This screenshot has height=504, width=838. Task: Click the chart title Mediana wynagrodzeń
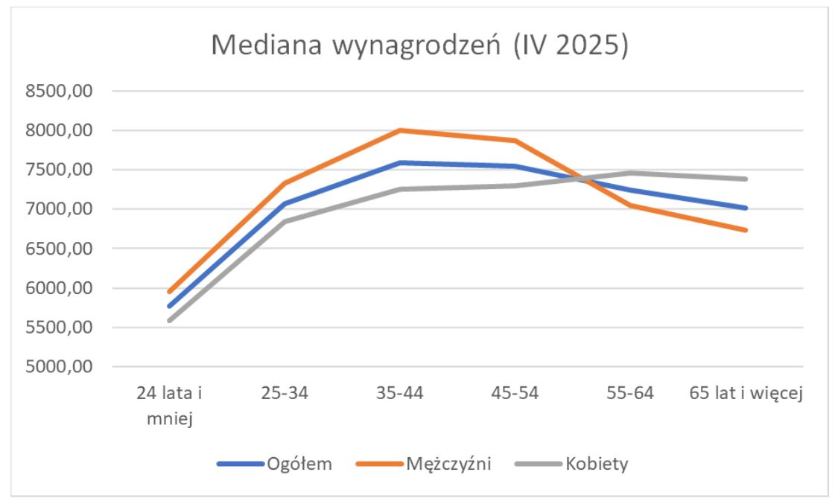click(x=420, y=46)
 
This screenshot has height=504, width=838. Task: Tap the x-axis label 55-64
click(x=630, y=394)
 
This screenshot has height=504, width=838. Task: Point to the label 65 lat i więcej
click(x=746, y=394)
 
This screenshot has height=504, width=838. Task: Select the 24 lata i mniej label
click(x=169, y=406)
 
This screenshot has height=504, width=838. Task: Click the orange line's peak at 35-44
click(x=400, y=130)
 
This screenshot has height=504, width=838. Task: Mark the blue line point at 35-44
click(x=400, y=162)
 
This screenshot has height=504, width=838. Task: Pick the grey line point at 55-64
click(x=630, y=173)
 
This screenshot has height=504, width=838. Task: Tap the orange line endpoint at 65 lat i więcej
click(x=746, y=230)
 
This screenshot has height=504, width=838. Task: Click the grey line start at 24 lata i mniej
click(x=170, y=321)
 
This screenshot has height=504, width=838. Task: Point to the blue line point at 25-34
click(x=285, y=203)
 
